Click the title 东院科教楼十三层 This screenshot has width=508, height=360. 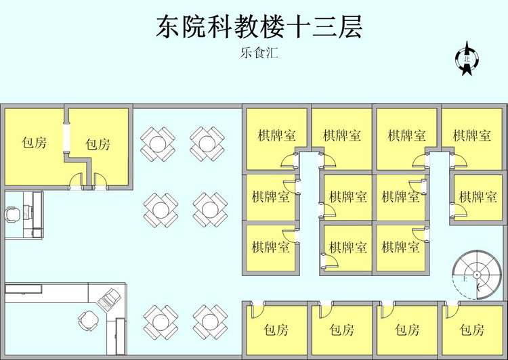pos(258,28)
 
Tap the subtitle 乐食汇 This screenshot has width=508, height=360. pos(259,52)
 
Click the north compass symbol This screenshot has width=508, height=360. pos(466,58)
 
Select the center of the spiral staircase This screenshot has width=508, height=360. pos(477,274)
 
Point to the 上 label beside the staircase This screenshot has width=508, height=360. pos(465,278)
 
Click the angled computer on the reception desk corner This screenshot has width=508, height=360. pos(110,297)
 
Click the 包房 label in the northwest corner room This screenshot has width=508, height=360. pos(34,143)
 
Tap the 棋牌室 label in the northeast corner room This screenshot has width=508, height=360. pos(472,135)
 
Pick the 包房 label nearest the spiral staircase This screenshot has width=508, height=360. pos(471,330)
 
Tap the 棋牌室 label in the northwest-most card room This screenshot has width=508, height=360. pos(277,135)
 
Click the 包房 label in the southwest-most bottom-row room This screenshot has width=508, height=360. pos(276,330)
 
